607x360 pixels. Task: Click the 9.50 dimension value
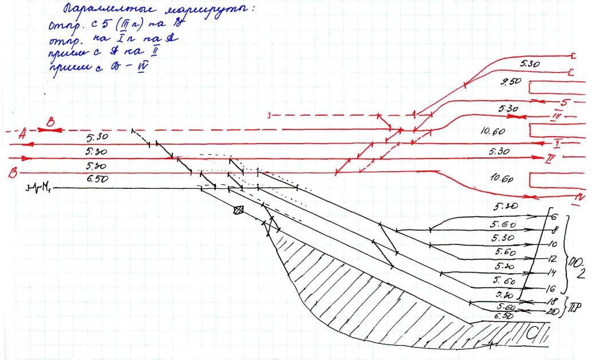coord(508,82)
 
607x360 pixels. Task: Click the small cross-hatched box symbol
coord(238,210)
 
